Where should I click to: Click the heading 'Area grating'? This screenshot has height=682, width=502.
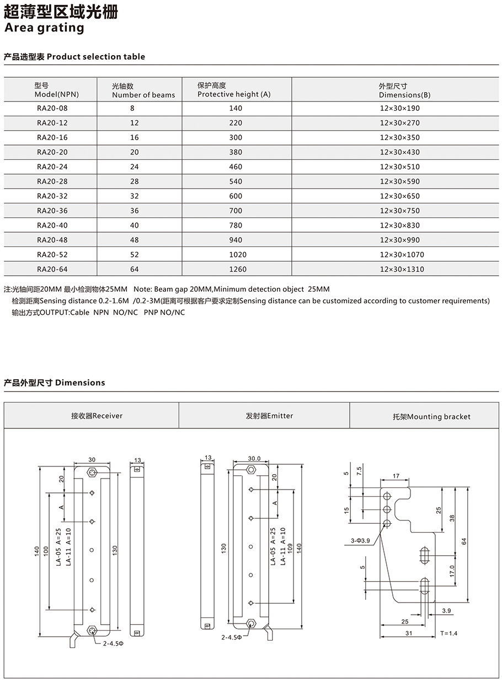point(44,28)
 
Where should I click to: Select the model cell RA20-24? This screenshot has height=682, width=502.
point(52,167)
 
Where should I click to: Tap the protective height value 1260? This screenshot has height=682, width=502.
point(236,269)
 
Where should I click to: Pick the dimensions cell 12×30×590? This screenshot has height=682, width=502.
point(399,181)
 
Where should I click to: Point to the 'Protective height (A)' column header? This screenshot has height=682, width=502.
point(234,90)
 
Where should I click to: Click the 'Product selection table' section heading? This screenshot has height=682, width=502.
point(74,57)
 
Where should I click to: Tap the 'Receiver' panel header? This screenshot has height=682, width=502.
point(97,416)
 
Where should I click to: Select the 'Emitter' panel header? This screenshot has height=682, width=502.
point(269,416)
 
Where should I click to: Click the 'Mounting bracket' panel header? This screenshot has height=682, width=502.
point(431,417)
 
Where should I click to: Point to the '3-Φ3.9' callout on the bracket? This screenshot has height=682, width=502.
point(360,541)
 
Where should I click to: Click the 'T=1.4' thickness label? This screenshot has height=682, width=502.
point(449,633)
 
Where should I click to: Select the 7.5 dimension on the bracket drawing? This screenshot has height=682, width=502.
point(360,471)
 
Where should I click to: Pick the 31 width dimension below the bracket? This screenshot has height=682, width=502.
point(408,633)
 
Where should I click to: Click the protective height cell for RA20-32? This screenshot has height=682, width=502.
point(236,196)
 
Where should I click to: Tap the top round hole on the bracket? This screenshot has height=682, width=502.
point(387,496)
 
